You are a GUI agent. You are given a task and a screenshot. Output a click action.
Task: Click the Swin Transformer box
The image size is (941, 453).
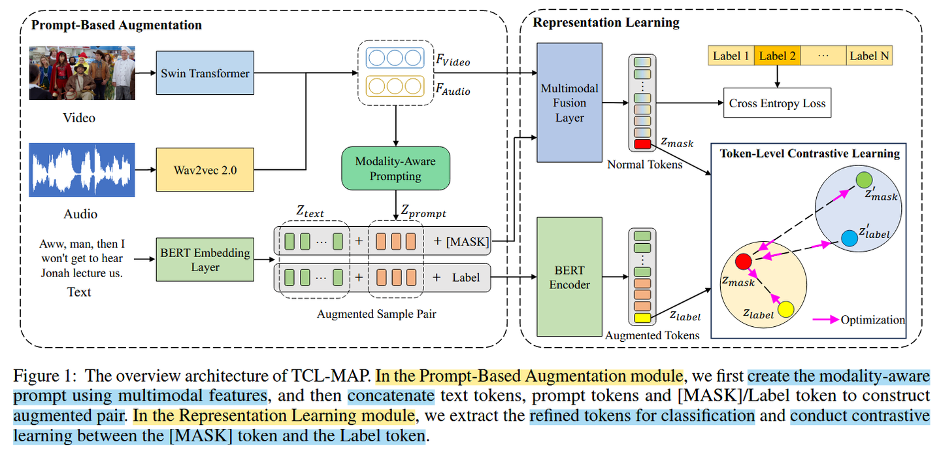(205, 73)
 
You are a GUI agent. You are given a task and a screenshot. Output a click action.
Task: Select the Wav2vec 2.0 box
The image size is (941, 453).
(205, 169)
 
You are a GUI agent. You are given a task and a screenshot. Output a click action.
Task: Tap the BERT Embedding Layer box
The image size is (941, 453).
(205, 260)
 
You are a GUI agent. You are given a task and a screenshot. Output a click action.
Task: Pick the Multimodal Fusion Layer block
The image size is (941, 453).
(569, 103)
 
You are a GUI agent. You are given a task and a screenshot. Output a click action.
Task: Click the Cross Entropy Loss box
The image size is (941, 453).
(777, 103)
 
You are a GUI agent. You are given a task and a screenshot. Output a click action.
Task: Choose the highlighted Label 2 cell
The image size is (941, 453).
(777, 56)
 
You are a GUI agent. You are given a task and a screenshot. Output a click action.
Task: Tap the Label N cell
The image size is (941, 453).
(869, 56)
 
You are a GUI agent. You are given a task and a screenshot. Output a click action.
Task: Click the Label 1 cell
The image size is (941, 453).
(731, 56)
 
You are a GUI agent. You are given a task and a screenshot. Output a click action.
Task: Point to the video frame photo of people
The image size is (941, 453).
(82, 73)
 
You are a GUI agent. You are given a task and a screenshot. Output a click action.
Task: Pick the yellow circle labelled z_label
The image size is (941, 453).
(785, 309)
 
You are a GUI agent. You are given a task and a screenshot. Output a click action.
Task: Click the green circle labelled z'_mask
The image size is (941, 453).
(864, 179)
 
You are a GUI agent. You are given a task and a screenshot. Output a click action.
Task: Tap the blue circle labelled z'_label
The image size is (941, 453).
(849, 239)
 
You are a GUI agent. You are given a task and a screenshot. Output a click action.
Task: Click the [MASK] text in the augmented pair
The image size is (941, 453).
(467, 241)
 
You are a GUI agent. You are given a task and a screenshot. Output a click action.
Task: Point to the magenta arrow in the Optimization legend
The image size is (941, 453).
(825, 320)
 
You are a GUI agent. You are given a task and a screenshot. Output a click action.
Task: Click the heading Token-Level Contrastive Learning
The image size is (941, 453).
(810, 154)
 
